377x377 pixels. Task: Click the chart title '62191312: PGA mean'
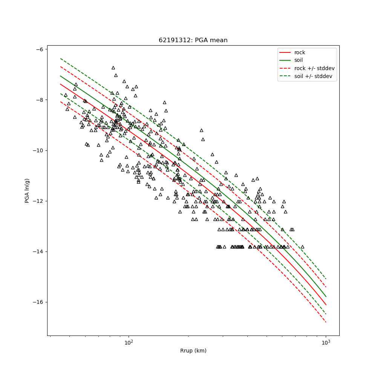[193, 40]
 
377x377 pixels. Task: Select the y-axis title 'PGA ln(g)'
[27, 190]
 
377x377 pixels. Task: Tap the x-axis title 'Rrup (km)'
[193, 351]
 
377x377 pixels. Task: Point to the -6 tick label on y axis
[39, 49]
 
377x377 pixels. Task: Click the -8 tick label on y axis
[39, 100]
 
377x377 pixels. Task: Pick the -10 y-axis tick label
[38, 150]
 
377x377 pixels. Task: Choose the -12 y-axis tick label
[38, 201]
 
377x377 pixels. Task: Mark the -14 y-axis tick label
[38, 251]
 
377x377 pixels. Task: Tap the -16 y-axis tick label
[38, 302]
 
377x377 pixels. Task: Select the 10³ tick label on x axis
[326, 342]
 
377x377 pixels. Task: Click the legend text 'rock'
[300, 52]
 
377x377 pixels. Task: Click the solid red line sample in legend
[286, 52]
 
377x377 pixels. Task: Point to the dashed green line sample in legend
[286, 76]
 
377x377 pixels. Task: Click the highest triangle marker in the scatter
[113, 68]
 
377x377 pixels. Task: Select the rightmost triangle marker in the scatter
[302, 247]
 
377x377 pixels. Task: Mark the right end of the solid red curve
[326, 305]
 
